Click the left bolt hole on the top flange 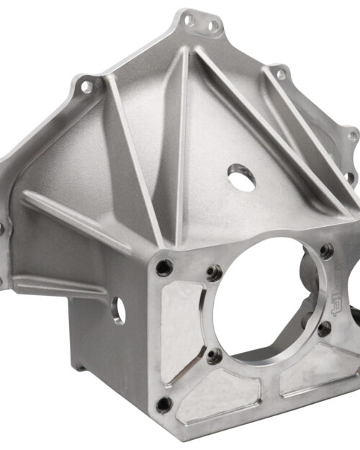(x=189, y=21)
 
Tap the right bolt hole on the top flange (x=214, y=27)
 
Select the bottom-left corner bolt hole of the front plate (x=165, y=404)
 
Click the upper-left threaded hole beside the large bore (x=212, y=273)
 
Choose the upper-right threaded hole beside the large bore (x=327, y=251)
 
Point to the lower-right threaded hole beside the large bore (x=324, y=328)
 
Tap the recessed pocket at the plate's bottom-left (x=216, y=400)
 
